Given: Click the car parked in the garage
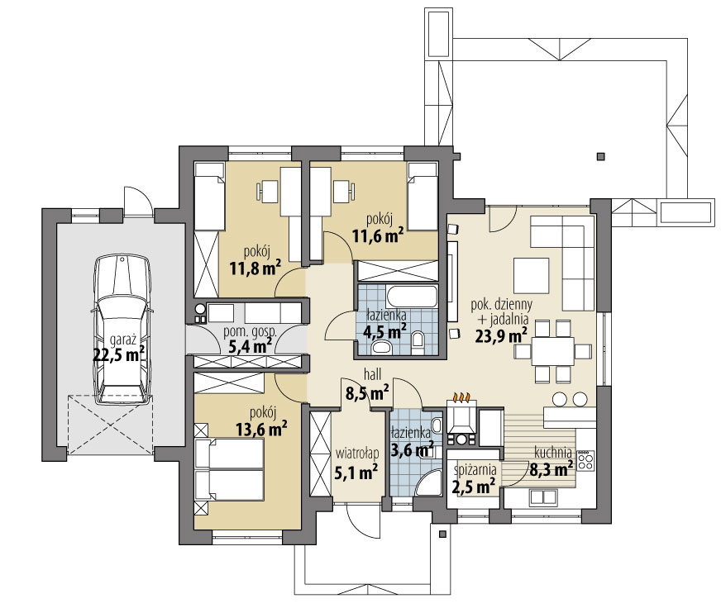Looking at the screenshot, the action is click(x=122, y=330).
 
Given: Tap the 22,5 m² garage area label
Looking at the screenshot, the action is click(x=119, y=354).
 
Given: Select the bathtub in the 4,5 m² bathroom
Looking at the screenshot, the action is click(x=412, y=297).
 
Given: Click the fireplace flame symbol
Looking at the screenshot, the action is click(x=461, y=397).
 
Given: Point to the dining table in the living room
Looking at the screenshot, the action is click(x=553, y=351).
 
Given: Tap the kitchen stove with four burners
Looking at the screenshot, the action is click(x=585, y=460).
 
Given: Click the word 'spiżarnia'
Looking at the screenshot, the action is click(x=475, y=470).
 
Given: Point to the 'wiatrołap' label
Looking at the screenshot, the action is click(x=357, y=454).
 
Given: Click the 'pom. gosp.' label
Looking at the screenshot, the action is click(x=251, y=331).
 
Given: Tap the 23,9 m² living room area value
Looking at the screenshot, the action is click(x=501, y=336).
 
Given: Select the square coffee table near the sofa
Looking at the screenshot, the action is click(x=532, y=275).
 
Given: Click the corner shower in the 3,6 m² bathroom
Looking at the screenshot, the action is click(x=429, y=483).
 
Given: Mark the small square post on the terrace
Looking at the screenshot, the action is click(x=600, y=157).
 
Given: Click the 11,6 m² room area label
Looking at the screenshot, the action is click(x=378, y=236).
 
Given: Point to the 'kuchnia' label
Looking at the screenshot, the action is click(x=553, y=452).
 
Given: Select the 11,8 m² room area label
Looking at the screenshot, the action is click(x=255, y=268).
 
